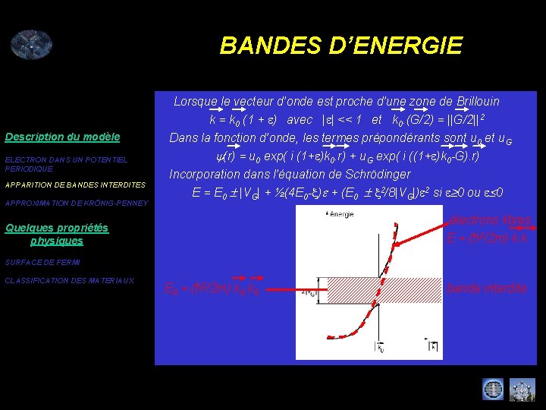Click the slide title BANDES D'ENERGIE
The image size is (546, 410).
(x=340, y=46)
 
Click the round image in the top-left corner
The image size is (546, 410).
(x=31, y=45)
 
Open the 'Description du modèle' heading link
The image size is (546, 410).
(x=62, y=137)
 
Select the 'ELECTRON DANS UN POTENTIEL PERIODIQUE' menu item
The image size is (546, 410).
(x=66, y=164)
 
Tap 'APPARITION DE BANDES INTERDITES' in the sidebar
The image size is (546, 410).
(x=75, y=185)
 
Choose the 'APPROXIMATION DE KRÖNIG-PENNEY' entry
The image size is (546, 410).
(x=77, y=203)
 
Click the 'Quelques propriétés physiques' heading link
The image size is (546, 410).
(x=57, y=234)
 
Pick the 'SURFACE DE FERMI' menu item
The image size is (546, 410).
(x=42, y=263)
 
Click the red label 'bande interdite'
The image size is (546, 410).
(x=487, y=289)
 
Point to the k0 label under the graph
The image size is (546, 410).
(x=378, y=348)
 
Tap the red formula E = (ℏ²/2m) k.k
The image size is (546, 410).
(x=487, y=238)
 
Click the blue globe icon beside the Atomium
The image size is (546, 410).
(x=492, y=389)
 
